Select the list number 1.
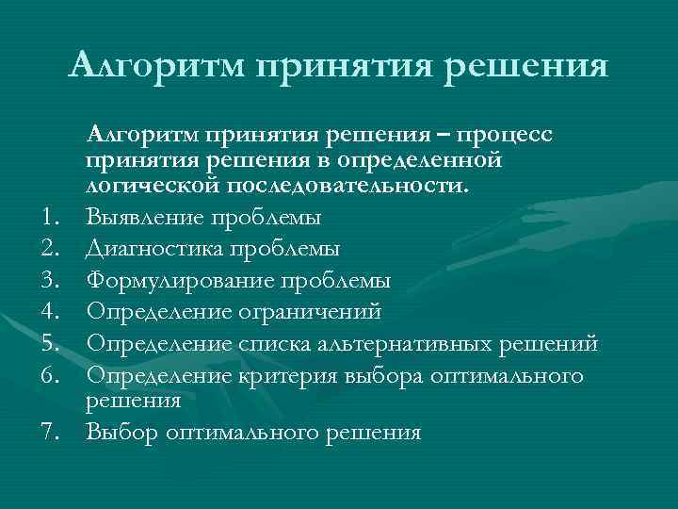[x=53, y=219]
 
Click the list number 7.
[x=53, y=434]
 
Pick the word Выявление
[x=141, y=219]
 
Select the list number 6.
[x=53, y=374]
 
